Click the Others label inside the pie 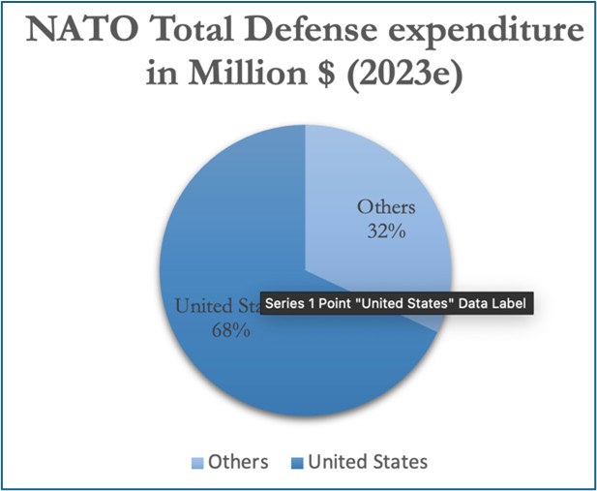point(386,206)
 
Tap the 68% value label point(231,330)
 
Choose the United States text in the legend point(367,462)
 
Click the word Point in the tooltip point(347,303)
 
